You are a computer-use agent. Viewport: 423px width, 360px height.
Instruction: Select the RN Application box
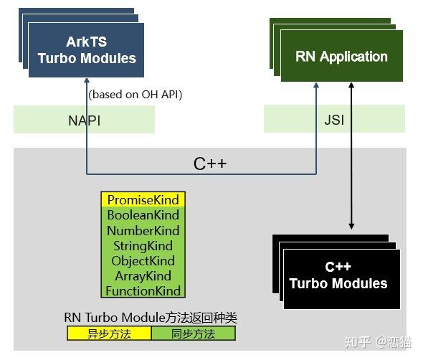coord(341,57)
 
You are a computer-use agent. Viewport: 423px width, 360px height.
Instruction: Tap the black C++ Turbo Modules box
coord(338,276)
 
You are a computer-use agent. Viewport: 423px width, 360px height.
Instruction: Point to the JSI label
coord(333,120)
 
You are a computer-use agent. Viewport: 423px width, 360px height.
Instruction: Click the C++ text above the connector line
coord(210,164)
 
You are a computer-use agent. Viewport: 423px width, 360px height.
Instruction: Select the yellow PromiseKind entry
coord(143,200)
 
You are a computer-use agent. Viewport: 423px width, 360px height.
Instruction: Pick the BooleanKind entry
coord(143,215)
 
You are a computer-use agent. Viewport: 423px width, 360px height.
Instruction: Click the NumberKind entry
coord(143,231)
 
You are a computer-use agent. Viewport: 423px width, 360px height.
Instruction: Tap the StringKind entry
coord(143,246)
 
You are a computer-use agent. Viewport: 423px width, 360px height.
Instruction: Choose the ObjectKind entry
coord(143,261)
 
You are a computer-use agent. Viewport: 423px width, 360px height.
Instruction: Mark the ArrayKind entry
coord(143,276)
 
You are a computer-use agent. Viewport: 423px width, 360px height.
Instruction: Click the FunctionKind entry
coord(143,291)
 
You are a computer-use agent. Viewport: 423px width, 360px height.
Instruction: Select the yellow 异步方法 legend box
coord(109,333)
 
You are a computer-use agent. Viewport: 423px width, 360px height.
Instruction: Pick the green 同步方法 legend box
coord(193,333)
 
